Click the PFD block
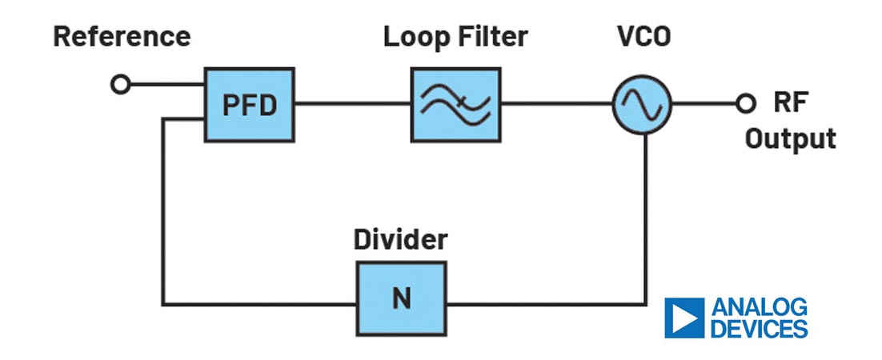tap(248, 105)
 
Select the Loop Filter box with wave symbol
tap(455, 105)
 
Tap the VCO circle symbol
tap(642, 105)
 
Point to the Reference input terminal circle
tap(121, 85)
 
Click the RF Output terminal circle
tap(746, 104)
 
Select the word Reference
tap(122, 37)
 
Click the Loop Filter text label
tap(455, 37)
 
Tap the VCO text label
tap(642, 37)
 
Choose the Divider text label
tap(401, 239)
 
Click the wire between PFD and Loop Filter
tap(352, 104)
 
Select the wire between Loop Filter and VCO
tap(556, 104)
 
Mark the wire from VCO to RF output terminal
tap(704, 104)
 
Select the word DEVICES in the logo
tap(759, 328)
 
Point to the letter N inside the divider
tap(401, 299)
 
